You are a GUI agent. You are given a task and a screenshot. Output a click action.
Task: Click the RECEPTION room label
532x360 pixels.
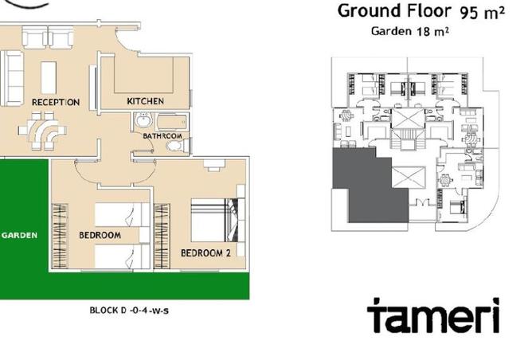[55, 103]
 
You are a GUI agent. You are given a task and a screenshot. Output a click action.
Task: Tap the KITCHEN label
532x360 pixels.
[146, 101]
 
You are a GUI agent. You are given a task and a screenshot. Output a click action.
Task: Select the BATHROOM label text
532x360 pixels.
[162, 136]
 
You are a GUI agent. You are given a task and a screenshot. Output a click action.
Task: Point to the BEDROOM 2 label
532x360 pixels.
[205, 254]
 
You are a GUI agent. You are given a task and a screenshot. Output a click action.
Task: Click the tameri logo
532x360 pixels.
[433, 315]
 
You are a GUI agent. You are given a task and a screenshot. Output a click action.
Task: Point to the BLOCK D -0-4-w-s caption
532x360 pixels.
[128, 311]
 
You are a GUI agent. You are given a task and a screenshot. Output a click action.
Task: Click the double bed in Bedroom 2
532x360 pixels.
[213, 218]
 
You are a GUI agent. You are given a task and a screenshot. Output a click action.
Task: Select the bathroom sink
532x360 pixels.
[144, 122]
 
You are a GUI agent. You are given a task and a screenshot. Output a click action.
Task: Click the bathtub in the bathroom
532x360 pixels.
[170, 122]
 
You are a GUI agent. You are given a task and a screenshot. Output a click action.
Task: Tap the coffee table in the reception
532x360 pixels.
[48, 76]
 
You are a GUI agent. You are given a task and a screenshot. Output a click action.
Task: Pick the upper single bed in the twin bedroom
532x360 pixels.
[121, 214]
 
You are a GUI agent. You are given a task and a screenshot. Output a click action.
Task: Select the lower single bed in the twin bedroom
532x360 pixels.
[121, 256]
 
